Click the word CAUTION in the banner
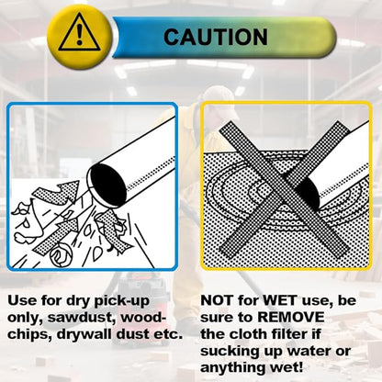(216, 37)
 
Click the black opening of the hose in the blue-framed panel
(108, 185)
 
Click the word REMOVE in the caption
(291, 318)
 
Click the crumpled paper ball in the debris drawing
(62, 253)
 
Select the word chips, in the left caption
(29, 334)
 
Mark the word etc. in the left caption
(167, 334)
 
